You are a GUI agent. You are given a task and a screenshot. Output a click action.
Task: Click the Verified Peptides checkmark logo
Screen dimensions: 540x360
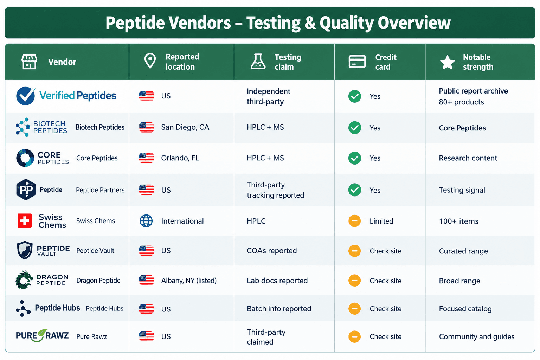26,96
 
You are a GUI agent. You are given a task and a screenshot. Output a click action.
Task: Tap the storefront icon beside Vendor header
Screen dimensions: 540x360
29,62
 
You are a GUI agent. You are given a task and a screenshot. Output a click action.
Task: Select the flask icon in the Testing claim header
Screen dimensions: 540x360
258,62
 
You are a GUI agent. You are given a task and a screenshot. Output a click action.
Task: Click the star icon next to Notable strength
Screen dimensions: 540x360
448,62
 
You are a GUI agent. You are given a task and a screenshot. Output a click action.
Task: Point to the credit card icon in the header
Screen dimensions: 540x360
357,62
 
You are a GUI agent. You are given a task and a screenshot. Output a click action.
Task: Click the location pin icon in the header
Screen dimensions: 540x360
150,61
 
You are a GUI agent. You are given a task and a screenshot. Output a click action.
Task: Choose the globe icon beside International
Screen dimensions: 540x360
146,221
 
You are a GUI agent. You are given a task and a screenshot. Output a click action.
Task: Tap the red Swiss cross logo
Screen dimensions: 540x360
25,221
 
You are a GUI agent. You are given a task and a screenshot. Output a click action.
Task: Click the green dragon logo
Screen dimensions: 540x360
24,280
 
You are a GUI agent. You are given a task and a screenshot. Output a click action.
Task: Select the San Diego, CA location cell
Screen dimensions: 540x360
185,127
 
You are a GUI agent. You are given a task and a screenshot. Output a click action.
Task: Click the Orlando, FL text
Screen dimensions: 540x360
180,158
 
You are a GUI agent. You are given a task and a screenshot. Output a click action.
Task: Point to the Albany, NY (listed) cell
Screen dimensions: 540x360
189,281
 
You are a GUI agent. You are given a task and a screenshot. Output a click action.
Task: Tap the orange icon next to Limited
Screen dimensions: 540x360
354,221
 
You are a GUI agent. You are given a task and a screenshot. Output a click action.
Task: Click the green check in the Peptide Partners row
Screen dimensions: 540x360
355,190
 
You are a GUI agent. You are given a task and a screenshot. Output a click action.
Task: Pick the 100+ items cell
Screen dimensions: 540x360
458,221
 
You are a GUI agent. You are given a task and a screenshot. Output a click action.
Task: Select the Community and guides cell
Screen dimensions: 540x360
477,336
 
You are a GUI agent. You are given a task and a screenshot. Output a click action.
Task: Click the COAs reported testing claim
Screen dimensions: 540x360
272,251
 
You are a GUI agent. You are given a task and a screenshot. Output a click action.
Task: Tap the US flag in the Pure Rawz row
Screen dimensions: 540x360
146,336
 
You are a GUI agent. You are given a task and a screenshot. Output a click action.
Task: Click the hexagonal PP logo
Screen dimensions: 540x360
26,189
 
